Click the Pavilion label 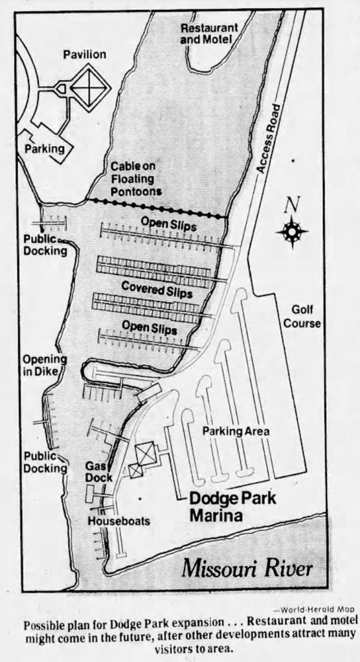(84, 54)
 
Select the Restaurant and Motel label (209, 34)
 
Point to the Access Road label (267, 137)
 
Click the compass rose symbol (292, 231)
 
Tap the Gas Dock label (98, 472)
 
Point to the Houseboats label (119, 520)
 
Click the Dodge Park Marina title (224, 507)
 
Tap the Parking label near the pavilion (45, 148)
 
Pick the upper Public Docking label (45, 245)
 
